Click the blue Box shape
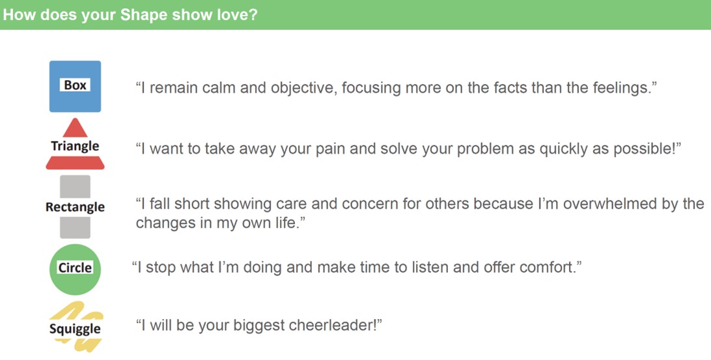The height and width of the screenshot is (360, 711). click(76, 86)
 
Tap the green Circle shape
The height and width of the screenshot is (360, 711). click(76, 270)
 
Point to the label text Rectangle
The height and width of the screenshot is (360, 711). click(76, 207)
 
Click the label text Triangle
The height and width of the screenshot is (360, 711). click(76, 146)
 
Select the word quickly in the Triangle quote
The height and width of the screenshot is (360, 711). click(564, 149)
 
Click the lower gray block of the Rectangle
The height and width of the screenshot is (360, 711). click(76, 228)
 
